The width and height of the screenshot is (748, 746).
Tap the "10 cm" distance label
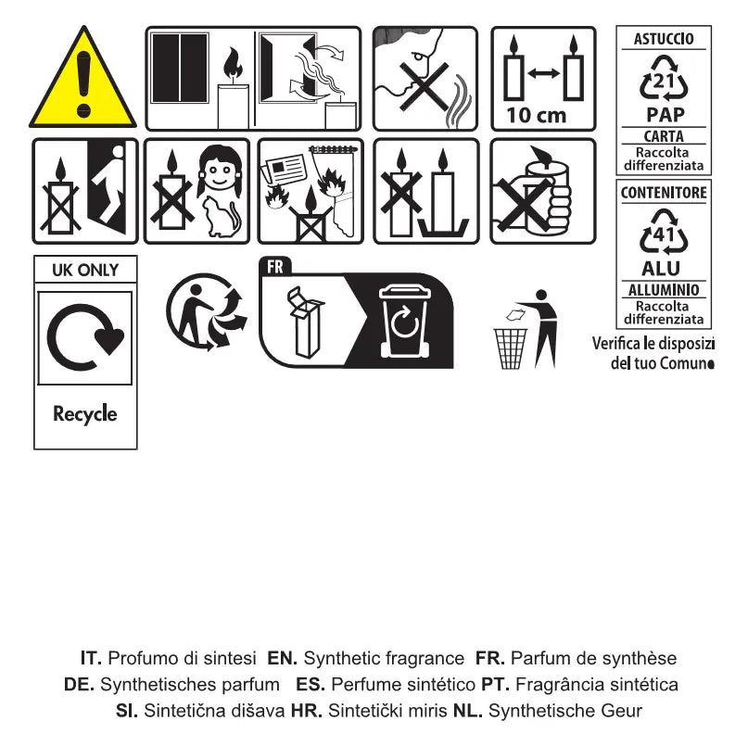click(x=536, y=115)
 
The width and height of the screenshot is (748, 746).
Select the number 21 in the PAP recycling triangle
click(x=663, y=82)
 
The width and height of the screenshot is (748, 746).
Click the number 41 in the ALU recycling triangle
click(x=663, y=235)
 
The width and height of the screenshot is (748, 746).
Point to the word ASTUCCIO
click(x=664, y=39)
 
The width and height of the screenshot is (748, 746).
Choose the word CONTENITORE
click(x=664, y=193)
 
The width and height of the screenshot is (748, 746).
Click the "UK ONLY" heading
click(x=85, y=270)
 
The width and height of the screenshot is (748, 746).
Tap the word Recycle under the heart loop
click(x=85, y=414)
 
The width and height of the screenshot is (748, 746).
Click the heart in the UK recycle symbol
click(x=109, y=339)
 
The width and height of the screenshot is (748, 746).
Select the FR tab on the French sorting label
click(x=274, y=267)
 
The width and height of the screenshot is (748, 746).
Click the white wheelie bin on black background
click(x=404, y=321)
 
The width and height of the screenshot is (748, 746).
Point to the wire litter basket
click(x=510, y=348)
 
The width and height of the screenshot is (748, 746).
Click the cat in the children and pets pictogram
click(x=221, y=217)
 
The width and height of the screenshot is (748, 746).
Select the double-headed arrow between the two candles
click(x=544, y=73)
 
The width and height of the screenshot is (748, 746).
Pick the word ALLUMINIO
click(x=664, y=290)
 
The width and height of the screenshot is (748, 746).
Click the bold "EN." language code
click(x=282, y=658)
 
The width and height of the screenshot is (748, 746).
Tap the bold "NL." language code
click(x=467, y=711)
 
